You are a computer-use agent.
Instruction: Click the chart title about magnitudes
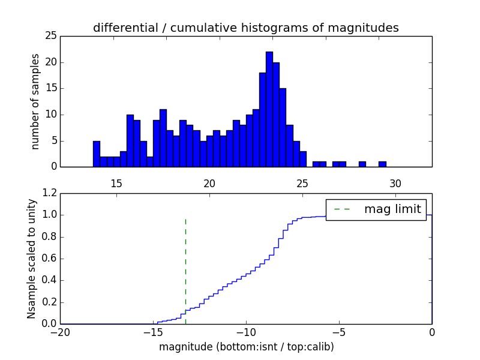click(245, 28)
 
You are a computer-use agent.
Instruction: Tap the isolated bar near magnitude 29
click(382, 164)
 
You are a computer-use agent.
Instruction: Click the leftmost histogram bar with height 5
click(96, 154)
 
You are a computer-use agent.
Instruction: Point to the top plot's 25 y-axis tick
click(50, 36)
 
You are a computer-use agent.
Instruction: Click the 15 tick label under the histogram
click(116, 184)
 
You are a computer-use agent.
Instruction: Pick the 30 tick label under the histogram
click(395, 184)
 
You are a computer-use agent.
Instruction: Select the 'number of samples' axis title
click(36, 101)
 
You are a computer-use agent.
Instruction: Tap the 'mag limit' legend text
click(392, 209)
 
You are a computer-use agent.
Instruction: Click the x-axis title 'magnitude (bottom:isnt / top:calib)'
click(246, 347)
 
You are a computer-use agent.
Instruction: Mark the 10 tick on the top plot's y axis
click(50, 115)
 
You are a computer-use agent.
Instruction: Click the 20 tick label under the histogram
click(209, 184)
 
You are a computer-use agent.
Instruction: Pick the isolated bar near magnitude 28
click(362, 164)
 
